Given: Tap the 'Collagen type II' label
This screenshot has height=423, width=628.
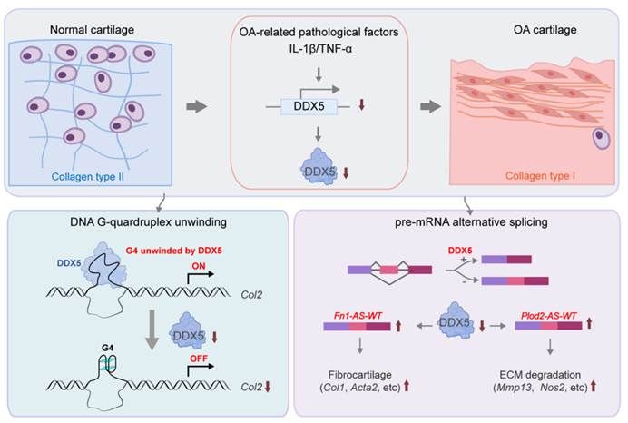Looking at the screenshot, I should tap(63, 176).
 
